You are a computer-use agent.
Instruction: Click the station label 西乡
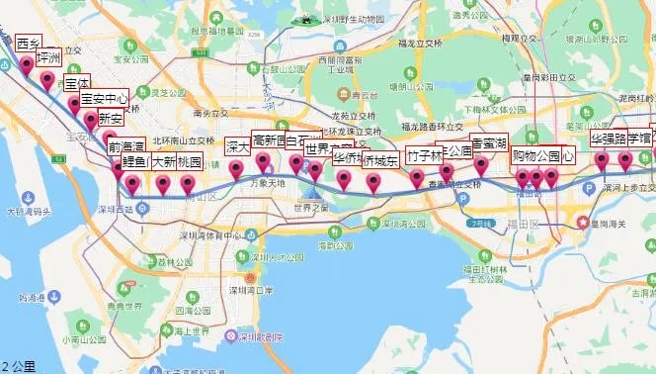point(28,44)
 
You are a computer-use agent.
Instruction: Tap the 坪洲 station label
point(48,58)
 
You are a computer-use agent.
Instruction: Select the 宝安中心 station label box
point(104,99)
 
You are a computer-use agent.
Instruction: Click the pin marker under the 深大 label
point(237,170)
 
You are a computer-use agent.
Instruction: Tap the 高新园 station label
point(268,140)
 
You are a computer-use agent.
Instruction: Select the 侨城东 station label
point(379,160)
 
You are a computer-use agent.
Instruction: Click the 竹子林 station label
point(425,156)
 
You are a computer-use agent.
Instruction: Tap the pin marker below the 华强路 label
point(601,161)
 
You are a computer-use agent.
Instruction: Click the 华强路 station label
point(609,139)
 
